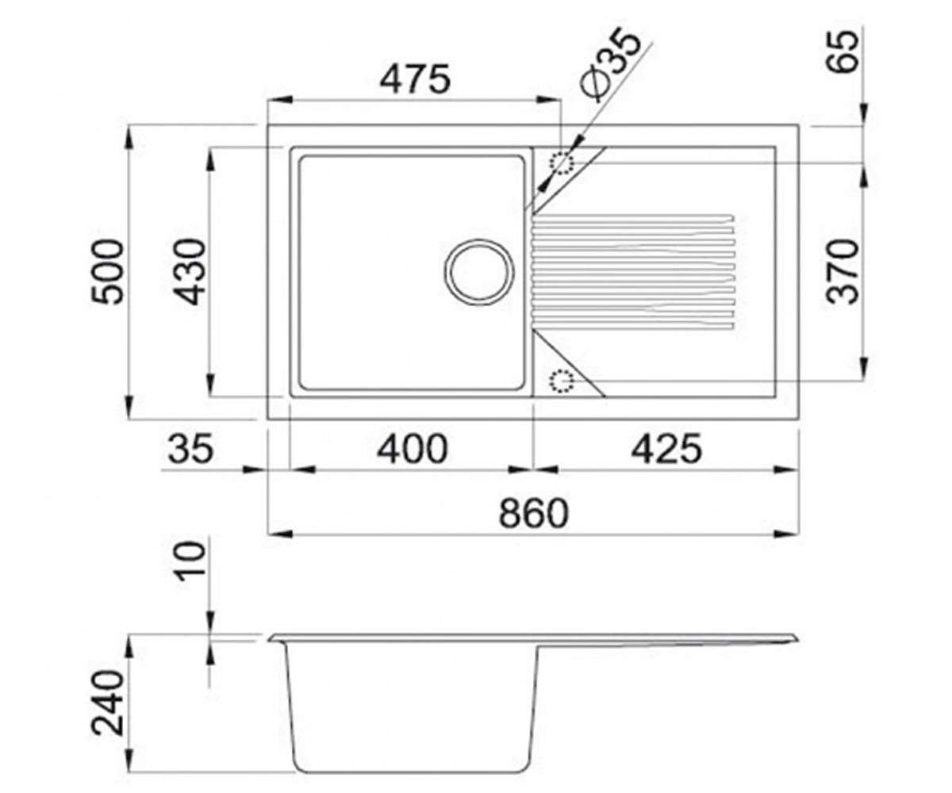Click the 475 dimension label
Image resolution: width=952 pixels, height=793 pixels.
415,79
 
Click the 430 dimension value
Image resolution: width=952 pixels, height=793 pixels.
191,272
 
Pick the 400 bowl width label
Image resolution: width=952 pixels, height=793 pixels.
413,450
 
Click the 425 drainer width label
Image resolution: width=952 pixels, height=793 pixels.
666,450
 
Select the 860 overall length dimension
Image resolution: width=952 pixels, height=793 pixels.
533,513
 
